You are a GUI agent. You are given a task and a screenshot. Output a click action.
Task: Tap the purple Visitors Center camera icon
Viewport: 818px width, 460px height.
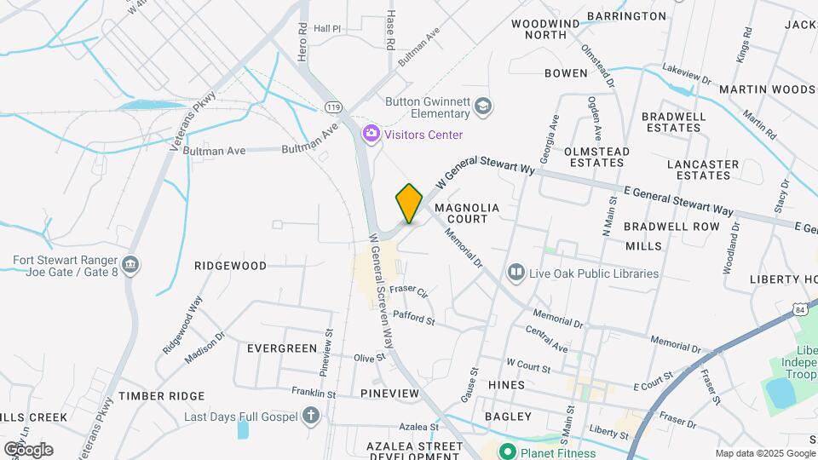pos(371,134)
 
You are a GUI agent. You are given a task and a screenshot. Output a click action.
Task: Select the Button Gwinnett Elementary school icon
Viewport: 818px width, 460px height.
pos(483,106)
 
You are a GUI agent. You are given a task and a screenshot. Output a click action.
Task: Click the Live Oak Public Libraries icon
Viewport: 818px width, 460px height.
pos(516,273)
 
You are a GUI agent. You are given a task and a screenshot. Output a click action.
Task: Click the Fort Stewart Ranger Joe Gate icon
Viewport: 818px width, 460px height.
pos(130,265)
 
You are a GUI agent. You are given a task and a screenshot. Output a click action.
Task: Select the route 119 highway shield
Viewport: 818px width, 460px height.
pos(333,106)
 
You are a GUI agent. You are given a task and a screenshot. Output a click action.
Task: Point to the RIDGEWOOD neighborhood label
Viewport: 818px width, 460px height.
pos(230,266)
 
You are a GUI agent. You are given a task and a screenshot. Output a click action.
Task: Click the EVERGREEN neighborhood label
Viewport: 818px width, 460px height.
pos(276,348)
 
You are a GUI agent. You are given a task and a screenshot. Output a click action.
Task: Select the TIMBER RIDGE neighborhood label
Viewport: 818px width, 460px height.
pos(162,396)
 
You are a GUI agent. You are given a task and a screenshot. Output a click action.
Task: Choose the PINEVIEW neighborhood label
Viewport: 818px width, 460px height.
pos(389,394)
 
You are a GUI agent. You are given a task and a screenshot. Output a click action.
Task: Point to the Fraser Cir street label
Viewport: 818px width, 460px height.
pos(408,290)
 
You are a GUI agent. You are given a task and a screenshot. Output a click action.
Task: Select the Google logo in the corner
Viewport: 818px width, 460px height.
pos(28,449)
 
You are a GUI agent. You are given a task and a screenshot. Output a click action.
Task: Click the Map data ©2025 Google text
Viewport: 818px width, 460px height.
pos(764,453)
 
